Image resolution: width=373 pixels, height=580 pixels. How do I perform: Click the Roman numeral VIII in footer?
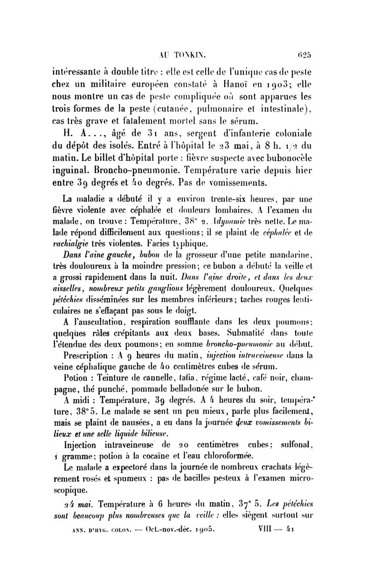pos(269,530)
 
